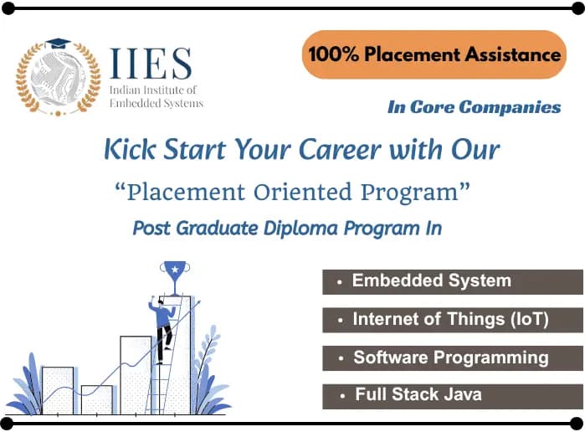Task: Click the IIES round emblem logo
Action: (x=57, y=78)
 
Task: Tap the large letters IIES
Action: (x=151, y=64)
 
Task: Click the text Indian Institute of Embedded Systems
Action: (x=157, y=96)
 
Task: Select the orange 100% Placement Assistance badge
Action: (x=434, y=55)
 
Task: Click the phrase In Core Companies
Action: (x=474, y=107)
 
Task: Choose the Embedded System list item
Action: (x=452, y=281)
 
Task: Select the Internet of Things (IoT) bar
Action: (x=452, y=320)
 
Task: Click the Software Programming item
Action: (x=452, y=357)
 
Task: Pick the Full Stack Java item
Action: (x=452, y=395)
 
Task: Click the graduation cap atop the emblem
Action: (x=57, y=43)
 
